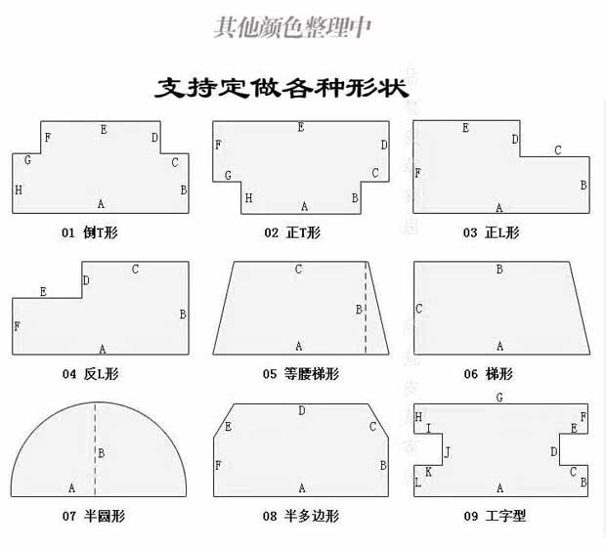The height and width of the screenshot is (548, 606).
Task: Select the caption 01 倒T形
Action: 90,232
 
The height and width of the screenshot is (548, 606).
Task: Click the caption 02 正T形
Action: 291,232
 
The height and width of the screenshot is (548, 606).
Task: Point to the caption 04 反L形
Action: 90,373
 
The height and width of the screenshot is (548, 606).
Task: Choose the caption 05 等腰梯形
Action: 298,373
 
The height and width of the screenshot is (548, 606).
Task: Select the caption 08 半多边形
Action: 298,515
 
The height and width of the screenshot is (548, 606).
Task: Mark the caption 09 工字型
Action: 494,515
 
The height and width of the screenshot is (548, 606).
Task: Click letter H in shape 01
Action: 19,190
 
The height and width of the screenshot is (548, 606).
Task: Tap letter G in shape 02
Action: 228,176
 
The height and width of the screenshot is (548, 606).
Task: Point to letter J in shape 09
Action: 448,452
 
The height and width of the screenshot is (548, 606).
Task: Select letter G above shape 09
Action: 499,398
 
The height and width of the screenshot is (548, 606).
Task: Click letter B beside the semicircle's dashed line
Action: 102,453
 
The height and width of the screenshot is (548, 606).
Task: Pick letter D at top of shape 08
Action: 301,411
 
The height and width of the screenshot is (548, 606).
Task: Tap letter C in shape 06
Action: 419,309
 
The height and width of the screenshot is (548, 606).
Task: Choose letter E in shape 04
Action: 43,291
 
